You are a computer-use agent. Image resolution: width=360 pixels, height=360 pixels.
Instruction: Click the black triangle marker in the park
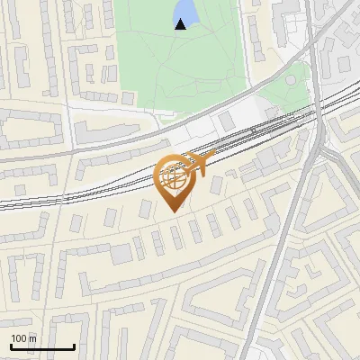pyautogui.click(x=180, y=24)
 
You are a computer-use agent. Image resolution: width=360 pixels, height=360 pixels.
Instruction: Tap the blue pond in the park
pyautogui.click(x=185, y=11)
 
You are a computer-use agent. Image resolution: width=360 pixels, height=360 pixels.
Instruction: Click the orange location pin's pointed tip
pyautogui.click(x=173, y=211)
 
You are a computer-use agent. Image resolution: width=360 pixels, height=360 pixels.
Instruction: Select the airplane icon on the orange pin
pyautogui.click(x=199, y=165)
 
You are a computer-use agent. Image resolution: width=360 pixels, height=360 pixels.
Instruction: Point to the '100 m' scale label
pyautogui.click(x=23, y=338)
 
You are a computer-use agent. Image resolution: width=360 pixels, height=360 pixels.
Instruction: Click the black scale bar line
pyautogui.click(x=42, y=346)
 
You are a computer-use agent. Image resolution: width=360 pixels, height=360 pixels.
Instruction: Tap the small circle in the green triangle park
pyautogui.click(x=292, y=79)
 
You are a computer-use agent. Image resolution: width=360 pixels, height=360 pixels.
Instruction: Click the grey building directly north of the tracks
pyautogui.click(x=226, y=120)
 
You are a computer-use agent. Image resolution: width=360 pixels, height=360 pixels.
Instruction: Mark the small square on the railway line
pyautogui.click(x=253, y=130)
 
